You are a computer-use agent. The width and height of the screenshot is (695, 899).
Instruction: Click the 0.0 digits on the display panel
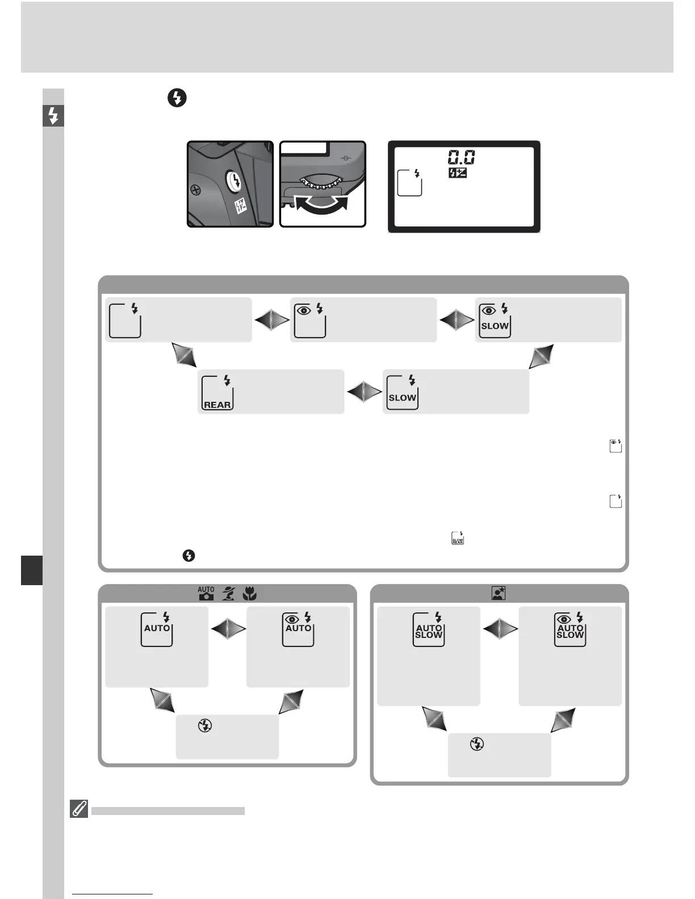pos(461,157)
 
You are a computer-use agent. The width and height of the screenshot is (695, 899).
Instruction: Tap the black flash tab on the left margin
pos(53,116)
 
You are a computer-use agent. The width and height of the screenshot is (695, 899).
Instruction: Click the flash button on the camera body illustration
pos(233,182)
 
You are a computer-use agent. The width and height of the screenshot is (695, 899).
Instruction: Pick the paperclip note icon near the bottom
pos(79,809)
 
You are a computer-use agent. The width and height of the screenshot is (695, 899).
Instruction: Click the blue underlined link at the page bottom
pos(112,894)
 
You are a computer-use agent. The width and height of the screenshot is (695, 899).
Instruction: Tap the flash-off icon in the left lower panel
pos(205,725)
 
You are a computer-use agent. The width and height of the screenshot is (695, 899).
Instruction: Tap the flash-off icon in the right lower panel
pos(477,744)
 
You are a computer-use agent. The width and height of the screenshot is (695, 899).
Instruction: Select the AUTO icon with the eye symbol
pos(298,629)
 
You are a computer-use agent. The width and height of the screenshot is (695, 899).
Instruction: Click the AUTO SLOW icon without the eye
pos(429,629)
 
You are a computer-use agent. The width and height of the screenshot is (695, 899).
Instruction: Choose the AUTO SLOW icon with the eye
pos(570,629)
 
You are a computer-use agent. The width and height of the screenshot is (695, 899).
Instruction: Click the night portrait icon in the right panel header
pos(499,594)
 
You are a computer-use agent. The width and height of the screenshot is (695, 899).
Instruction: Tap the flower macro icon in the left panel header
pos(249,594)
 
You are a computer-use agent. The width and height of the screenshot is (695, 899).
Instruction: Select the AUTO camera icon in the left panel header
pos(206,594)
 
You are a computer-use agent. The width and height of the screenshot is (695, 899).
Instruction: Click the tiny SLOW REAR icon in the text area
pos(458,539)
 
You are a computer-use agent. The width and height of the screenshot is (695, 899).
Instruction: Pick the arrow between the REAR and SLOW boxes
pos(363,392)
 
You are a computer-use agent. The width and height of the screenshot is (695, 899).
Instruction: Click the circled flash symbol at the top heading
pos(177,98)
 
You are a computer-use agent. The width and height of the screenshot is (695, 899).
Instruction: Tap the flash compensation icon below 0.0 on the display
pos(457,173)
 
